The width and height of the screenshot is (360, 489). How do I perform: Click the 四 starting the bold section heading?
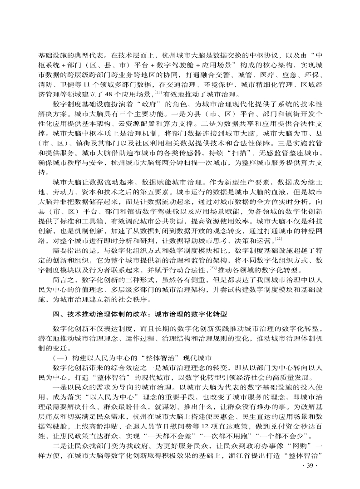(x=56, y=314)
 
